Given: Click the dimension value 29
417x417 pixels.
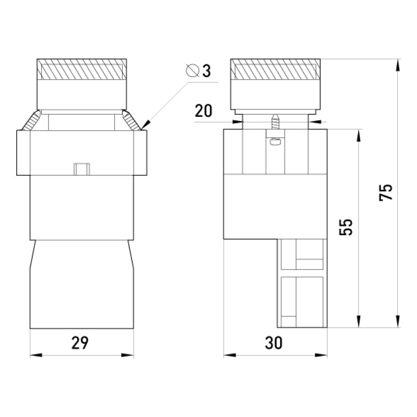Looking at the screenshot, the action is tap(80, 343).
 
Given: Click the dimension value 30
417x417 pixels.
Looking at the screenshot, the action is tap(274, 343).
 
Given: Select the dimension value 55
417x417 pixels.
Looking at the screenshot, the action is tap(346, 227).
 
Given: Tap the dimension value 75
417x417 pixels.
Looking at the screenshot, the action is tap(386, 192).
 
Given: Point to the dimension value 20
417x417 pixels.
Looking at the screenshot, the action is tap(203, 111).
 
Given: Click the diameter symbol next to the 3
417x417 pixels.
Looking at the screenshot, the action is tap(193, 70).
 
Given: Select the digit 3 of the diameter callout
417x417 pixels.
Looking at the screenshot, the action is tap(206, 71).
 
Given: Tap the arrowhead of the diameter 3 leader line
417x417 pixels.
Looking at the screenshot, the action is tap(146, 125).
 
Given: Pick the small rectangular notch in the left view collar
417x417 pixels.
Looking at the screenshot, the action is tap(82, 169).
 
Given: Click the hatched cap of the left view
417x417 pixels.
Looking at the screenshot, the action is tap(82, 69).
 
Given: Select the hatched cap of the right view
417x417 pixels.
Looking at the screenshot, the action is tap(275, 69).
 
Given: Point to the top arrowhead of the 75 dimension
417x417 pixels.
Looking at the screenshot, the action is tap(398, 65).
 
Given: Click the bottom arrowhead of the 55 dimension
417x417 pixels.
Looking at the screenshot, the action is tap(359, 321).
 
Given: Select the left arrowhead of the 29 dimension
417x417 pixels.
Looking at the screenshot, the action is tap(36, 355).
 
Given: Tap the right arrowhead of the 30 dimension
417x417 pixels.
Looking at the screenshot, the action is tap(321, 355).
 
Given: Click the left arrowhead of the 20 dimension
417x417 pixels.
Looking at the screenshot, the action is tap(238, 122).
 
